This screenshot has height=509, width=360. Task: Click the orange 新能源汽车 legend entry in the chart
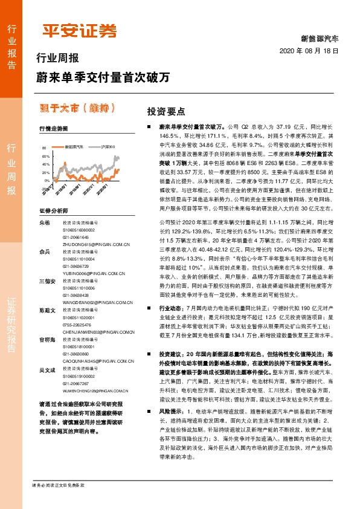coord(76,146)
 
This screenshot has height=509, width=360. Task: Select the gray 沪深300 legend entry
coord(108,146)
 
